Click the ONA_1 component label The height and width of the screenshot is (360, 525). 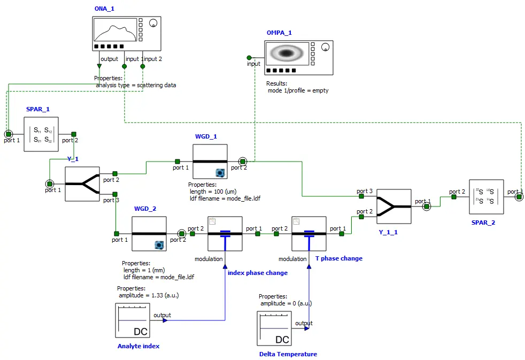click(104, 9)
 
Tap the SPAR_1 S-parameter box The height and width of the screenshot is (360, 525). click(41, 134)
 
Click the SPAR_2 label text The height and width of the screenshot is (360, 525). click(484, 223)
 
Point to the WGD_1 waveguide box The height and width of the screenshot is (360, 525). click(210, 162)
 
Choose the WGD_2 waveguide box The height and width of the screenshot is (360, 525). click(149, 234)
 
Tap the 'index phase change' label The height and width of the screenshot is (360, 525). click(258, 273)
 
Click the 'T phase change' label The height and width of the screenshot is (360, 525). click(338, 258)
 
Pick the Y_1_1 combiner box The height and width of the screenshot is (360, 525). click(394, 206)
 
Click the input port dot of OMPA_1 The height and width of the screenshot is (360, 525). click(249, 57)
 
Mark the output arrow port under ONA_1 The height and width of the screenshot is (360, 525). click(99, 66)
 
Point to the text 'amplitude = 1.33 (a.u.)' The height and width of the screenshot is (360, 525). click(153, 295)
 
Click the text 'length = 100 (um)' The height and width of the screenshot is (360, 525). click(213, 192)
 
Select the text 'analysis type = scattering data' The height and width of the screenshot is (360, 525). click(136, 85)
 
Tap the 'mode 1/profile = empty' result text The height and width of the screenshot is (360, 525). click(298, 90)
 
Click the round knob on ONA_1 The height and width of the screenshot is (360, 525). click(153, 23)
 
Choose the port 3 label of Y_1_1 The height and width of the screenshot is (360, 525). click(365, 191)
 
